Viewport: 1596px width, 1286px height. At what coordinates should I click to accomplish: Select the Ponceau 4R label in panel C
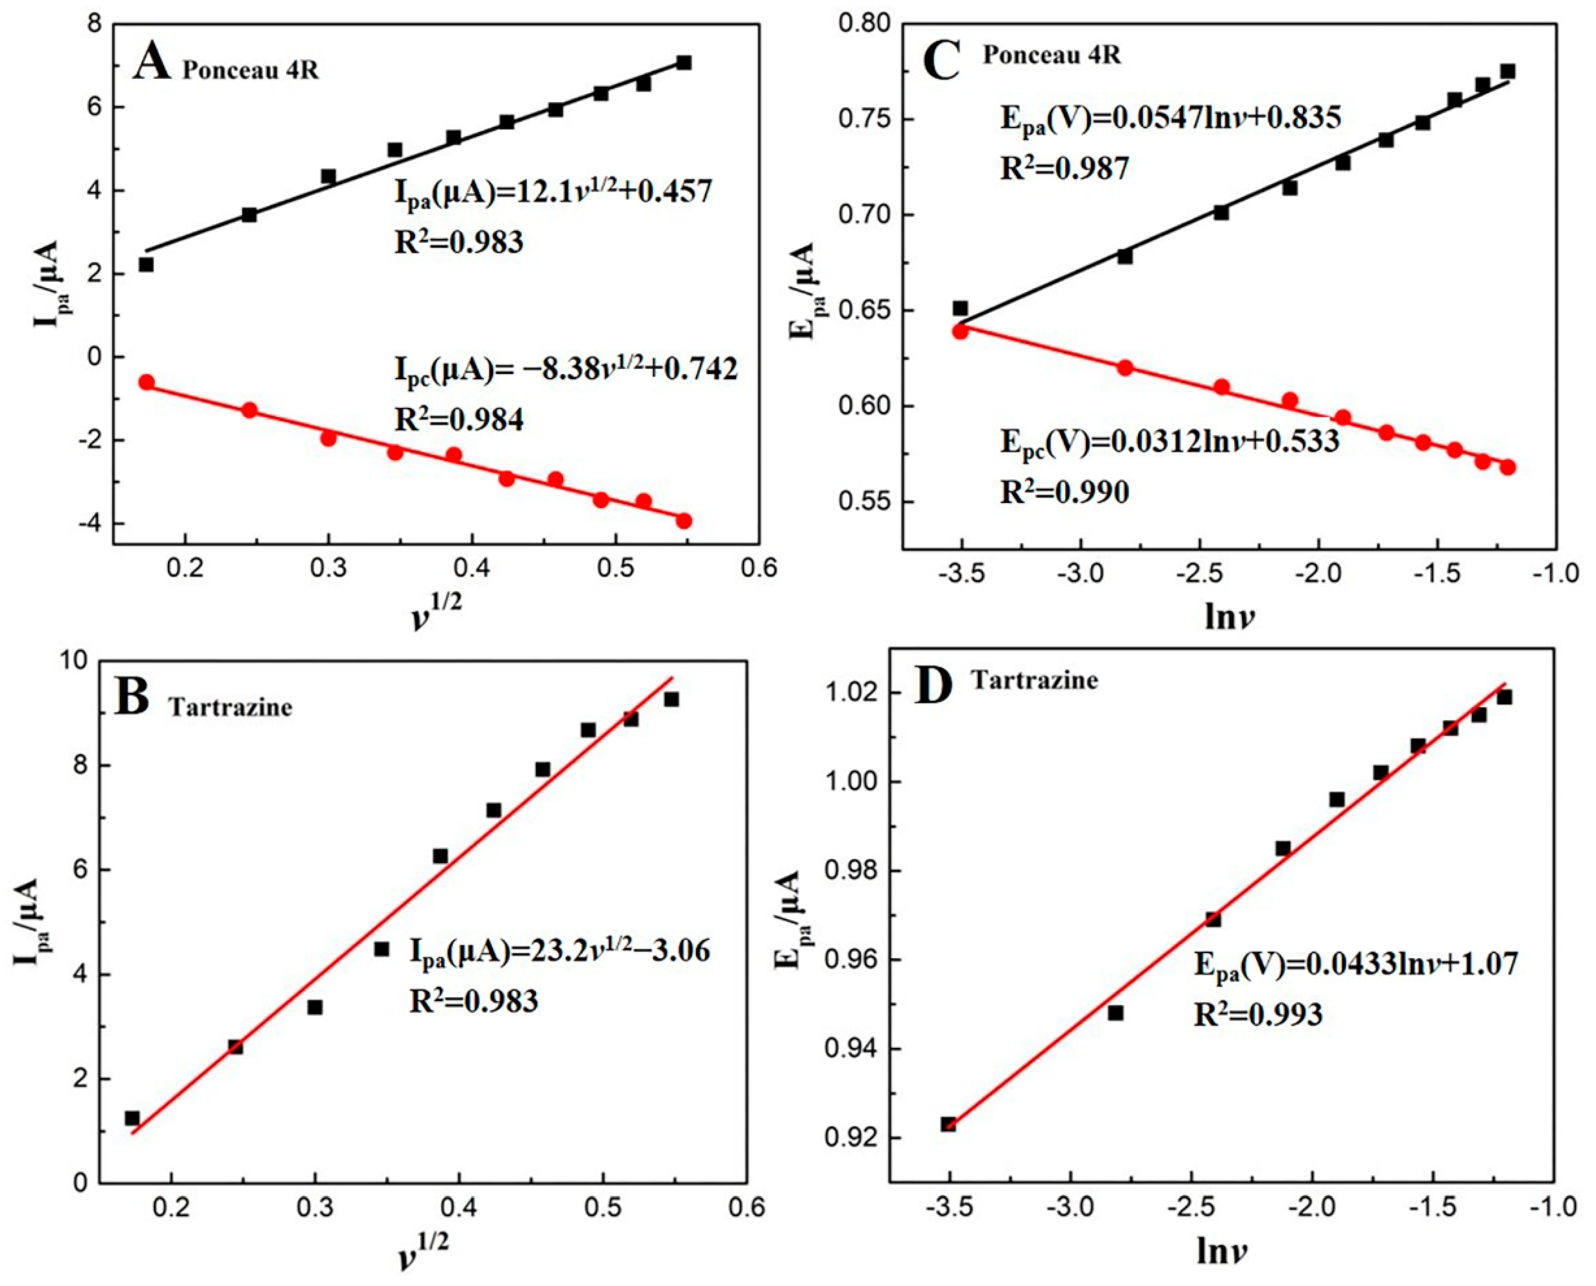pos(1051,55)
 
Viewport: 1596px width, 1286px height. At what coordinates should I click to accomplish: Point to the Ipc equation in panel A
pos(566,369)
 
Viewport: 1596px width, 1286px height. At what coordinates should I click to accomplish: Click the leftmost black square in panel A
pos(146,264)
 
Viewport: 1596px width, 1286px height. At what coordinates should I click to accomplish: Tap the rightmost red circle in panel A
pos(684,521)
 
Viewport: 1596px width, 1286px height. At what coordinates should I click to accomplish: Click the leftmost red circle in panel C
pos(960,331)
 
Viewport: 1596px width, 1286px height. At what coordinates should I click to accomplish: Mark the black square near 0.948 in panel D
pos(1115,1013)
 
